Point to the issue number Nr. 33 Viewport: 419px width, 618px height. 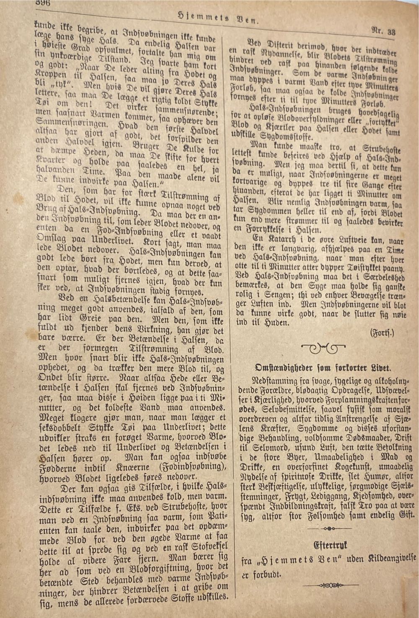coord(383,31)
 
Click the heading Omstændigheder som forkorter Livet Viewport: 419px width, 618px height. coord(323,368)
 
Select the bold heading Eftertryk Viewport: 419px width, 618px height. coord(331,545)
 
